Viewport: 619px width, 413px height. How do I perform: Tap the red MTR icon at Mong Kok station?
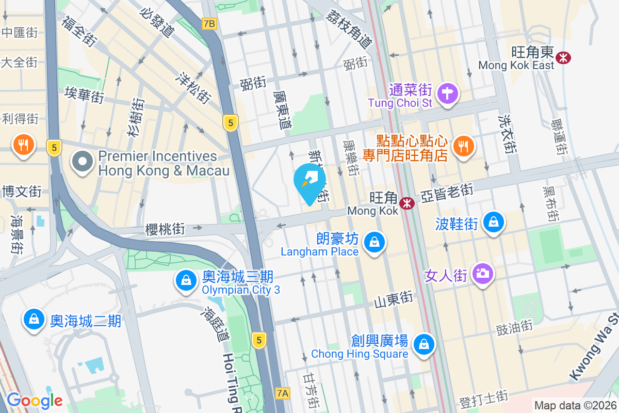coord(408,203)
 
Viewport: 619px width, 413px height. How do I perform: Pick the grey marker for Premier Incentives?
coord(83,162)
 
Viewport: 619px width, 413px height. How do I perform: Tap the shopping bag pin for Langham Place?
coord(374,242)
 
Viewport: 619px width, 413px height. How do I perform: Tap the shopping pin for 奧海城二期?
coord(34,320)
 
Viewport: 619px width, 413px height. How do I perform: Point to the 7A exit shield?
coord(282,393)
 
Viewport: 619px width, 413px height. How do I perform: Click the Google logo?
coord(35,401)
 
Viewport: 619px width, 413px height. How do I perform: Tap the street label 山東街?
coord(394,298)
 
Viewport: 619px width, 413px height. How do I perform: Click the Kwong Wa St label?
coord(593,346)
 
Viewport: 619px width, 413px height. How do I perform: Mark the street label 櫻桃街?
coord(165,229)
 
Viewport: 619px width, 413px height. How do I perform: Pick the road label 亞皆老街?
coord(447,194)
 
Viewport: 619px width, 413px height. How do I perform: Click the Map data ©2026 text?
coord(575,406)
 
